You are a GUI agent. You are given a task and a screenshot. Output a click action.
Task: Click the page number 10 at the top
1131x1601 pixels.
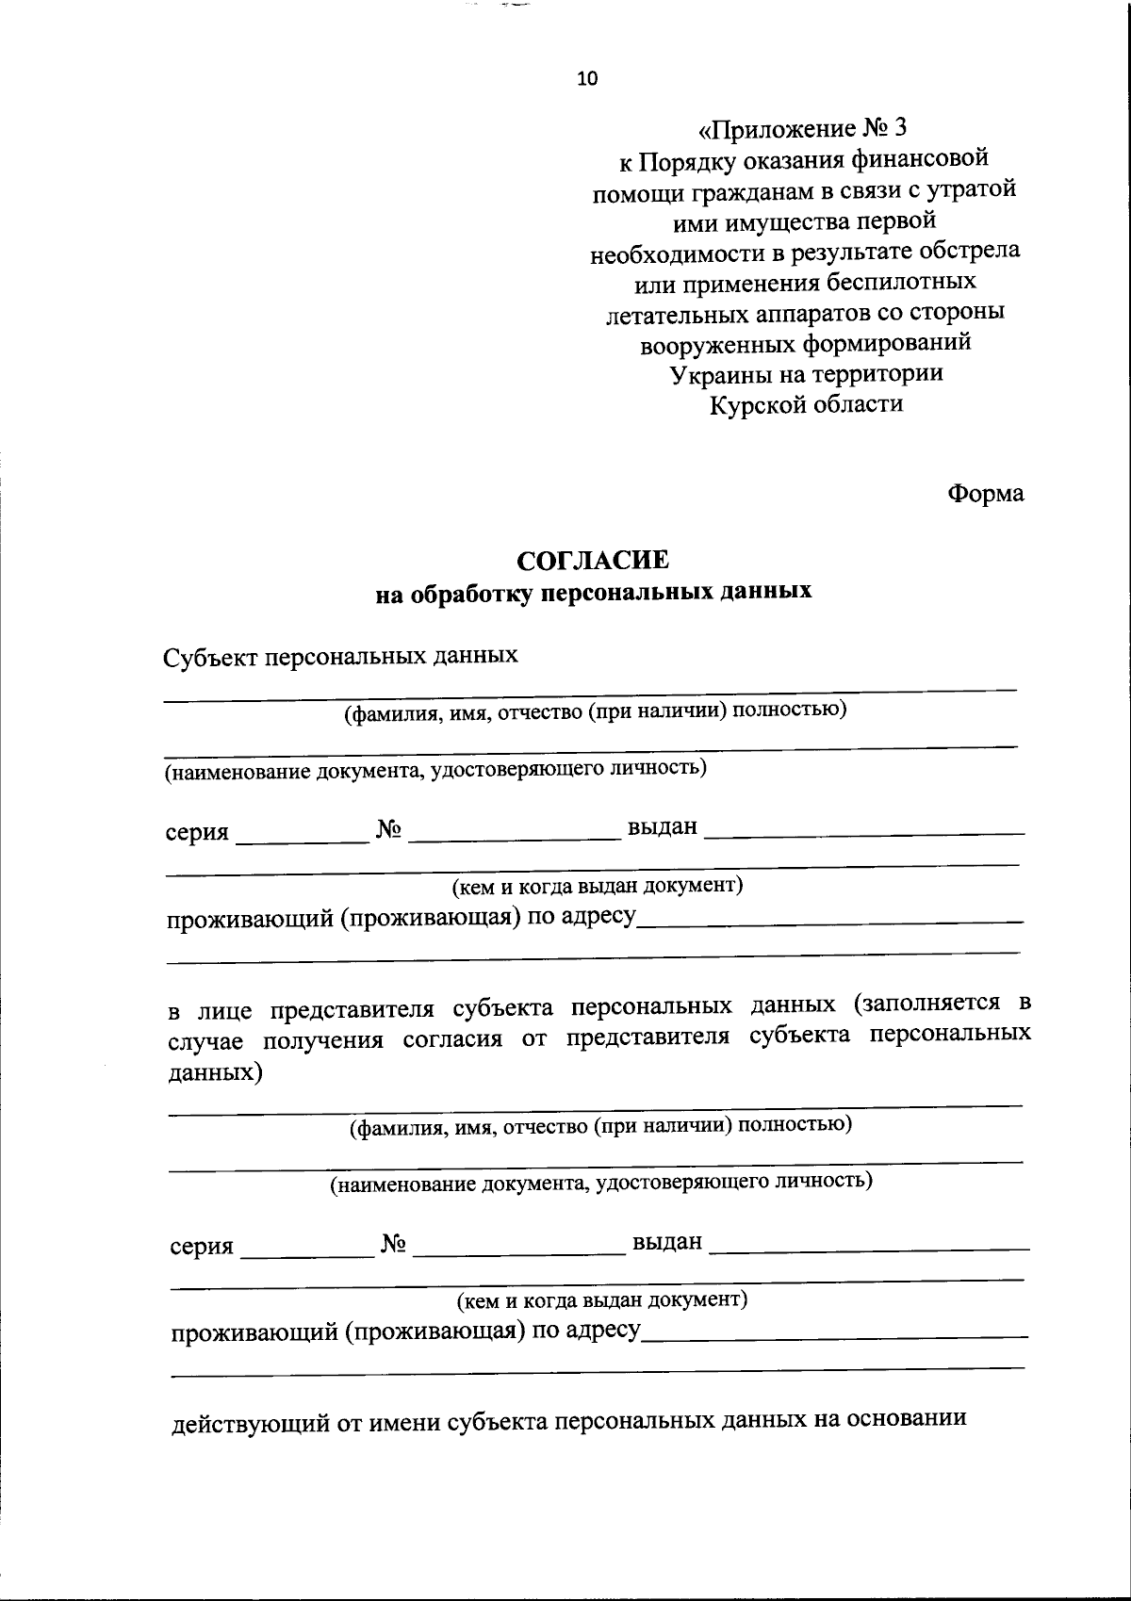586,79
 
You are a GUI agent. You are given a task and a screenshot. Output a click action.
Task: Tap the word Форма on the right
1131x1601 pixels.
985,493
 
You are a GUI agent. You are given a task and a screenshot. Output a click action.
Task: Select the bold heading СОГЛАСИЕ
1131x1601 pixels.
594,561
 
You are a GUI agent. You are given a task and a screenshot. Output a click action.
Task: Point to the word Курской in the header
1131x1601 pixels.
755,404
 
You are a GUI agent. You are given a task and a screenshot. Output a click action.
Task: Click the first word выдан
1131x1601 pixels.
663,827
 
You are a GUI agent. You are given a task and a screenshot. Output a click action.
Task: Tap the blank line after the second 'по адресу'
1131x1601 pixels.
834,1332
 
